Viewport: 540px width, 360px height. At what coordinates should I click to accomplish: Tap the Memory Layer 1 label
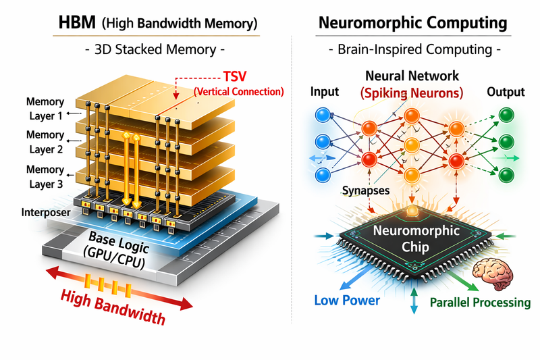tap(45, 108)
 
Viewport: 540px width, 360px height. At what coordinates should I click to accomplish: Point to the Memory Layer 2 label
tap(45, 142)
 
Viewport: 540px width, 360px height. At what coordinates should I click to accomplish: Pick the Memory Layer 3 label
tap(45, 176)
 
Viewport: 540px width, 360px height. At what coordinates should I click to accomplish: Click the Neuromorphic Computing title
tap(412, 24)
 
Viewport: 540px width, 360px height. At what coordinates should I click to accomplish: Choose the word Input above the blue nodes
tap(325, 91)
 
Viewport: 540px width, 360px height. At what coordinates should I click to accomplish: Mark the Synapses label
tap(365, 190)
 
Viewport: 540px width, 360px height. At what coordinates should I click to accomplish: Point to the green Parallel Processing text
tap(481, 302)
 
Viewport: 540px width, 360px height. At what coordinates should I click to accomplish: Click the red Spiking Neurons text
tap(412, 92)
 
